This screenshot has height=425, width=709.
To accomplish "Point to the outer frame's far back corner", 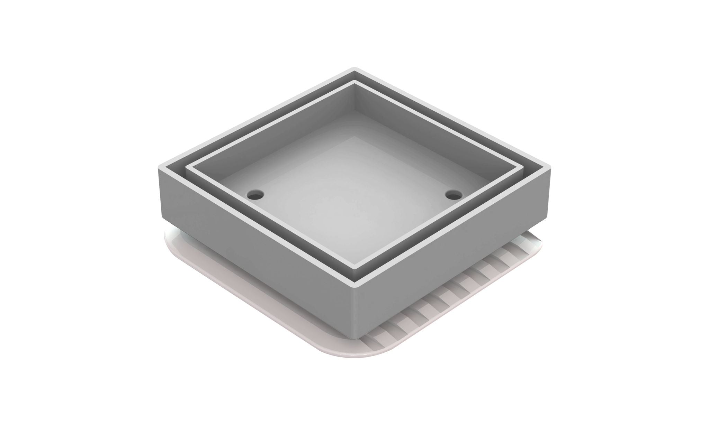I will (354, 68).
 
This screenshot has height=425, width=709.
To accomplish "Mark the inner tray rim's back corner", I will (354, 82).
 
